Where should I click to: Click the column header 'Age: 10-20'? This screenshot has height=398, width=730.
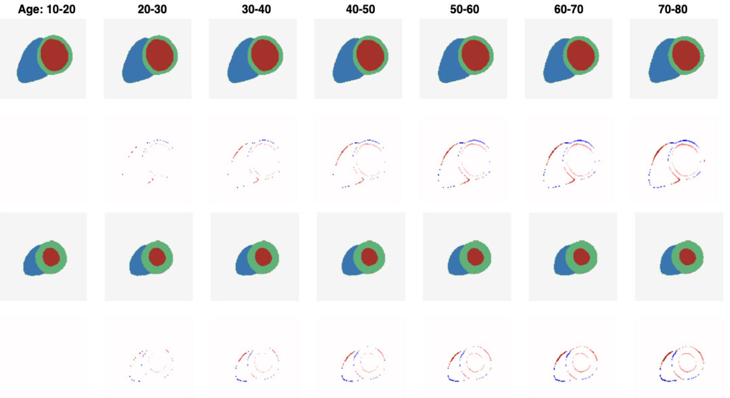point(46,9)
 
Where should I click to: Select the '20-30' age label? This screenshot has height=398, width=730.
point(152,9)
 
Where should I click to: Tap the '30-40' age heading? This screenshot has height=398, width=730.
point(256,9)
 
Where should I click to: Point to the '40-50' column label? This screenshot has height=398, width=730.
point(360,9)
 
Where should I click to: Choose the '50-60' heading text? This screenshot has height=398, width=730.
point(464,9)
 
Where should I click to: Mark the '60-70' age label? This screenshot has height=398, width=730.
point(568,9)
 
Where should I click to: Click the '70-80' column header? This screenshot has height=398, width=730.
point(673,9)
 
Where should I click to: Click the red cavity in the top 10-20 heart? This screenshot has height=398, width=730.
point(55,55)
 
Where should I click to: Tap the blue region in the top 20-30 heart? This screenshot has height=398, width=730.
point(132,66)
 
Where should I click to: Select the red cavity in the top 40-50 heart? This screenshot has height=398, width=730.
point(370,55)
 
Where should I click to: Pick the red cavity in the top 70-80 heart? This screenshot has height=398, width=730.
point(686,55)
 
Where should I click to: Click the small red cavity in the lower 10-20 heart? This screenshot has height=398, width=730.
point(51,257)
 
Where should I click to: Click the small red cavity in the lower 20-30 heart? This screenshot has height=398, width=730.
point(157,257)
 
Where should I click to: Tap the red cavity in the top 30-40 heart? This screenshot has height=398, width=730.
point(265,55)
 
